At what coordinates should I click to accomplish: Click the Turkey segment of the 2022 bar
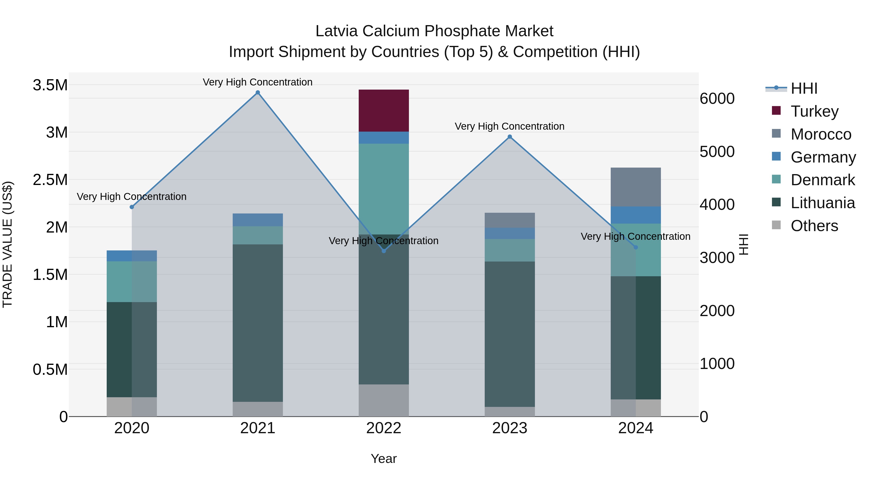tap(384, 111)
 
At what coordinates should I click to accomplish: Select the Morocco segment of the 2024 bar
tap(636, 187)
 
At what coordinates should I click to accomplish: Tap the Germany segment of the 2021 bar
tap(258, 220)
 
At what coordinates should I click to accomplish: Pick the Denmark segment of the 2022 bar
tap(384, 189)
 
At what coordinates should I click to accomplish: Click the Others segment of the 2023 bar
tap(510, 411)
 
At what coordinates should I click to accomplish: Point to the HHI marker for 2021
tap(258, 92)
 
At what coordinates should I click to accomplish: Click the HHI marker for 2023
tap(510, 137)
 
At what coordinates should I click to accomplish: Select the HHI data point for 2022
tap(384, 251)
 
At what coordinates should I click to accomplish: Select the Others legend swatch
tap(776, 225)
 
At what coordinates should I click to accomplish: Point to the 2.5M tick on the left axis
tap(50, 179)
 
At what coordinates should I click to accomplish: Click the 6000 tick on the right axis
tap(717, 99)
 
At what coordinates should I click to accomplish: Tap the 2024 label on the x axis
tap(636, 428)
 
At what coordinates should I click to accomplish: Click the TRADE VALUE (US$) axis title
tap(7, 244)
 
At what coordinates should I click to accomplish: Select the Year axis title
tap(384, 459)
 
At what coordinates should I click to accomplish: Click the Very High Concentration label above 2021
tap(258, 82)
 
